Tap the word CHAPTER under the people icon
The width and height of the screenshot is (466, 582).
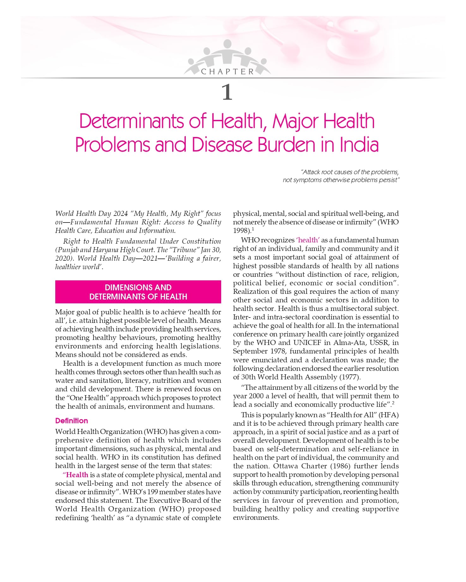point(227,72)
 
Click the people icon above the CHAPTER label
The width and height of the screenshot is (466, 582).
point(227,54)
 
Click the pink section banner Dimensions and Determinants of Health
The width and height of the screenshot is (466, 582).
point(138,292)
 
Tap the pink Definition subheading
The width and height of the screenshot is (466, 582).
point(71,421)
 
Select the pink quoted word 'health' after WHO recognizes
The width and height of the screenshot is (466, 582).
point(308,240)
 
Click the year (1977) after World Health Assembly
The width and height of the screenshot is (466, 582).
point(349,377)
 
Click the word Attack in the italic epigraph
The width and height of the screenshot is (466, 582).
point(312,172)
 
